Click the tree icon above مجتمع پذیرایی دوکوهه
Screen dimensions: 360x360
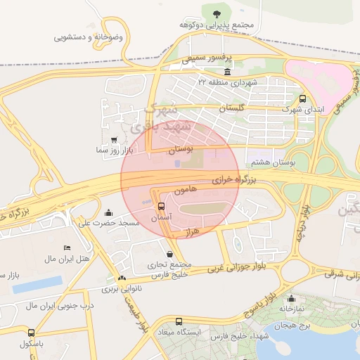[x=214, y=12]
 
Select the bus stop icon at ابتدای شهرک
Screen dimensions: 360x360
[x=303, y=99]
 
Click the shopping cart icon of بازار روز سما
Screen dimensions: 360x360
[x=115, y=140]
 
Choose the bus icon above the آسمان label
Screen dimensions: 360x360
[x=162, y=207]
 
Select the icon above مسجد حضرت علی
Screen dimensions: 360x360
[x=108, y=212]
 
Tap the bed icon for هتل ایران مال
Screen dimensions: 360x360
[x=67, y=248]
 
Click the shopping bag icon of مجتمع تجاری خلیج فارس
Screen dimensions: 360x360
[x=169, y=254]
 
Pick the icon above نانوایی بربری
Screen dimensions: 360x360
[x=122, y=279]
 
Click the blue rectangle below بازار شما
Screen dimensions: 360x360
[x=37, y=283]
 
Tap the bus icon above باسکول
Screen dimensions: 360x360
[x=30, y=333]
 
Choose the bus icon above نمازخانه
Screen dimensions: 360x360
[x=292, y=298]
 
